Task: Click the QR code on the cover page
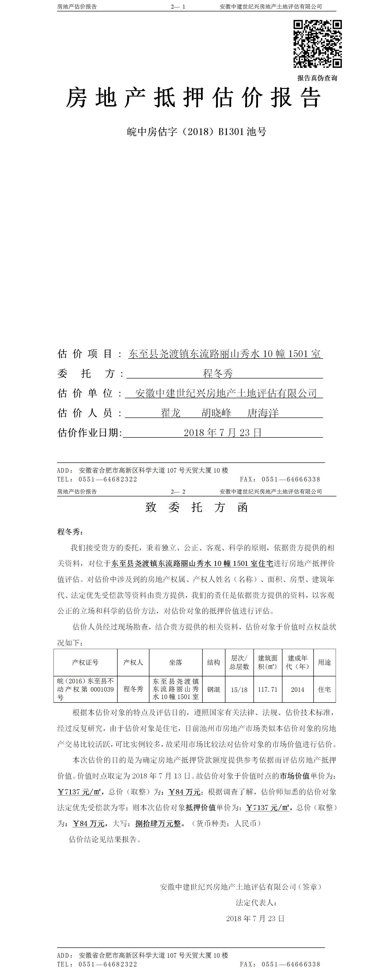click(318, 44)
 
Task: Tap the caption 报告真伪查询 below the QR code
click(317, 78)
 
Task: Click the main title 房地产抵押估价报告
click(193, 98)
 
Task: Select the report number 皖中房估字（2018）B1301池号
click(196, 132)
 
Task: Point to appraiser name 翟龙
click(171, 413)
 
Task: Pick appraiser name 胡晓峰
click(216, 413)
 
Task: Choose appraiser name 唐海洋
click(263, 413)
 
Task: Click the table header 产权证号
click(86, 662)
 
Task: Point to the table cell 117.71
click(267, 689)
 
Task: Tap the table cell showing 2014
click(297, 689)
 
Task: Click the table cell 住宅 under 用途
click(324, 689)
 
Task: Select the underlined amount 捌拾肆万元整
click(158, 824)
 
